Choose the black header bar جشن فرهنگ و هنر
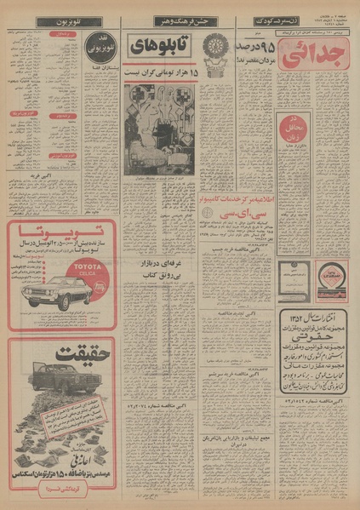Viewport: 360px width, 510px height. coord(172,20)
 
